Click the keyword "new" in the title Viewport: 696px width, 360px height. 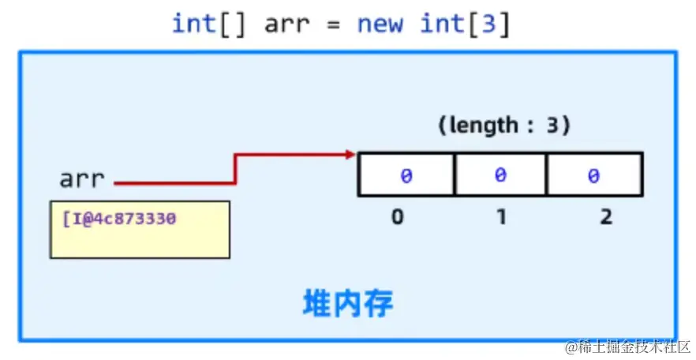point(380,24)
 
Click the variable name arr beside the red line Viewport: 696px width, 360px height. point(81,179)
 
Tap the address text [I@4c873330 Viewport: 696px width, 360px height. point(118,217)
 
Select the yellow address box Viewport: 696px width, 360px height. point(140,230)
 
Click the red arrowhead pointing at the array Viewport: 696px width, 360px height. point(350,154)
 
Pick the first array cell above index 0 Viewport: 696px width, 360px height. point(406,175)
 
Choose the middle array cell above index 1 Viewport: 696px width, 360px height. point(500,175)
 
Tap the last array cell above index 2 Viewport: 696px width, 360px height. point(594,175)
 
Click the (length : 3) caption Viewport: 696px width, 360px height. point(504,126)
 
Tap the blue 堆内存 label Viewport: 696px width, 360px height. point(348,304)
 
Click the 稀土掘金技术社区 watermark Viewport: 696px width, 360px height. point(628,347)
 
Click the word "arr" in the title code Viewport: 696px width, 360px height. point(289,24)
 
